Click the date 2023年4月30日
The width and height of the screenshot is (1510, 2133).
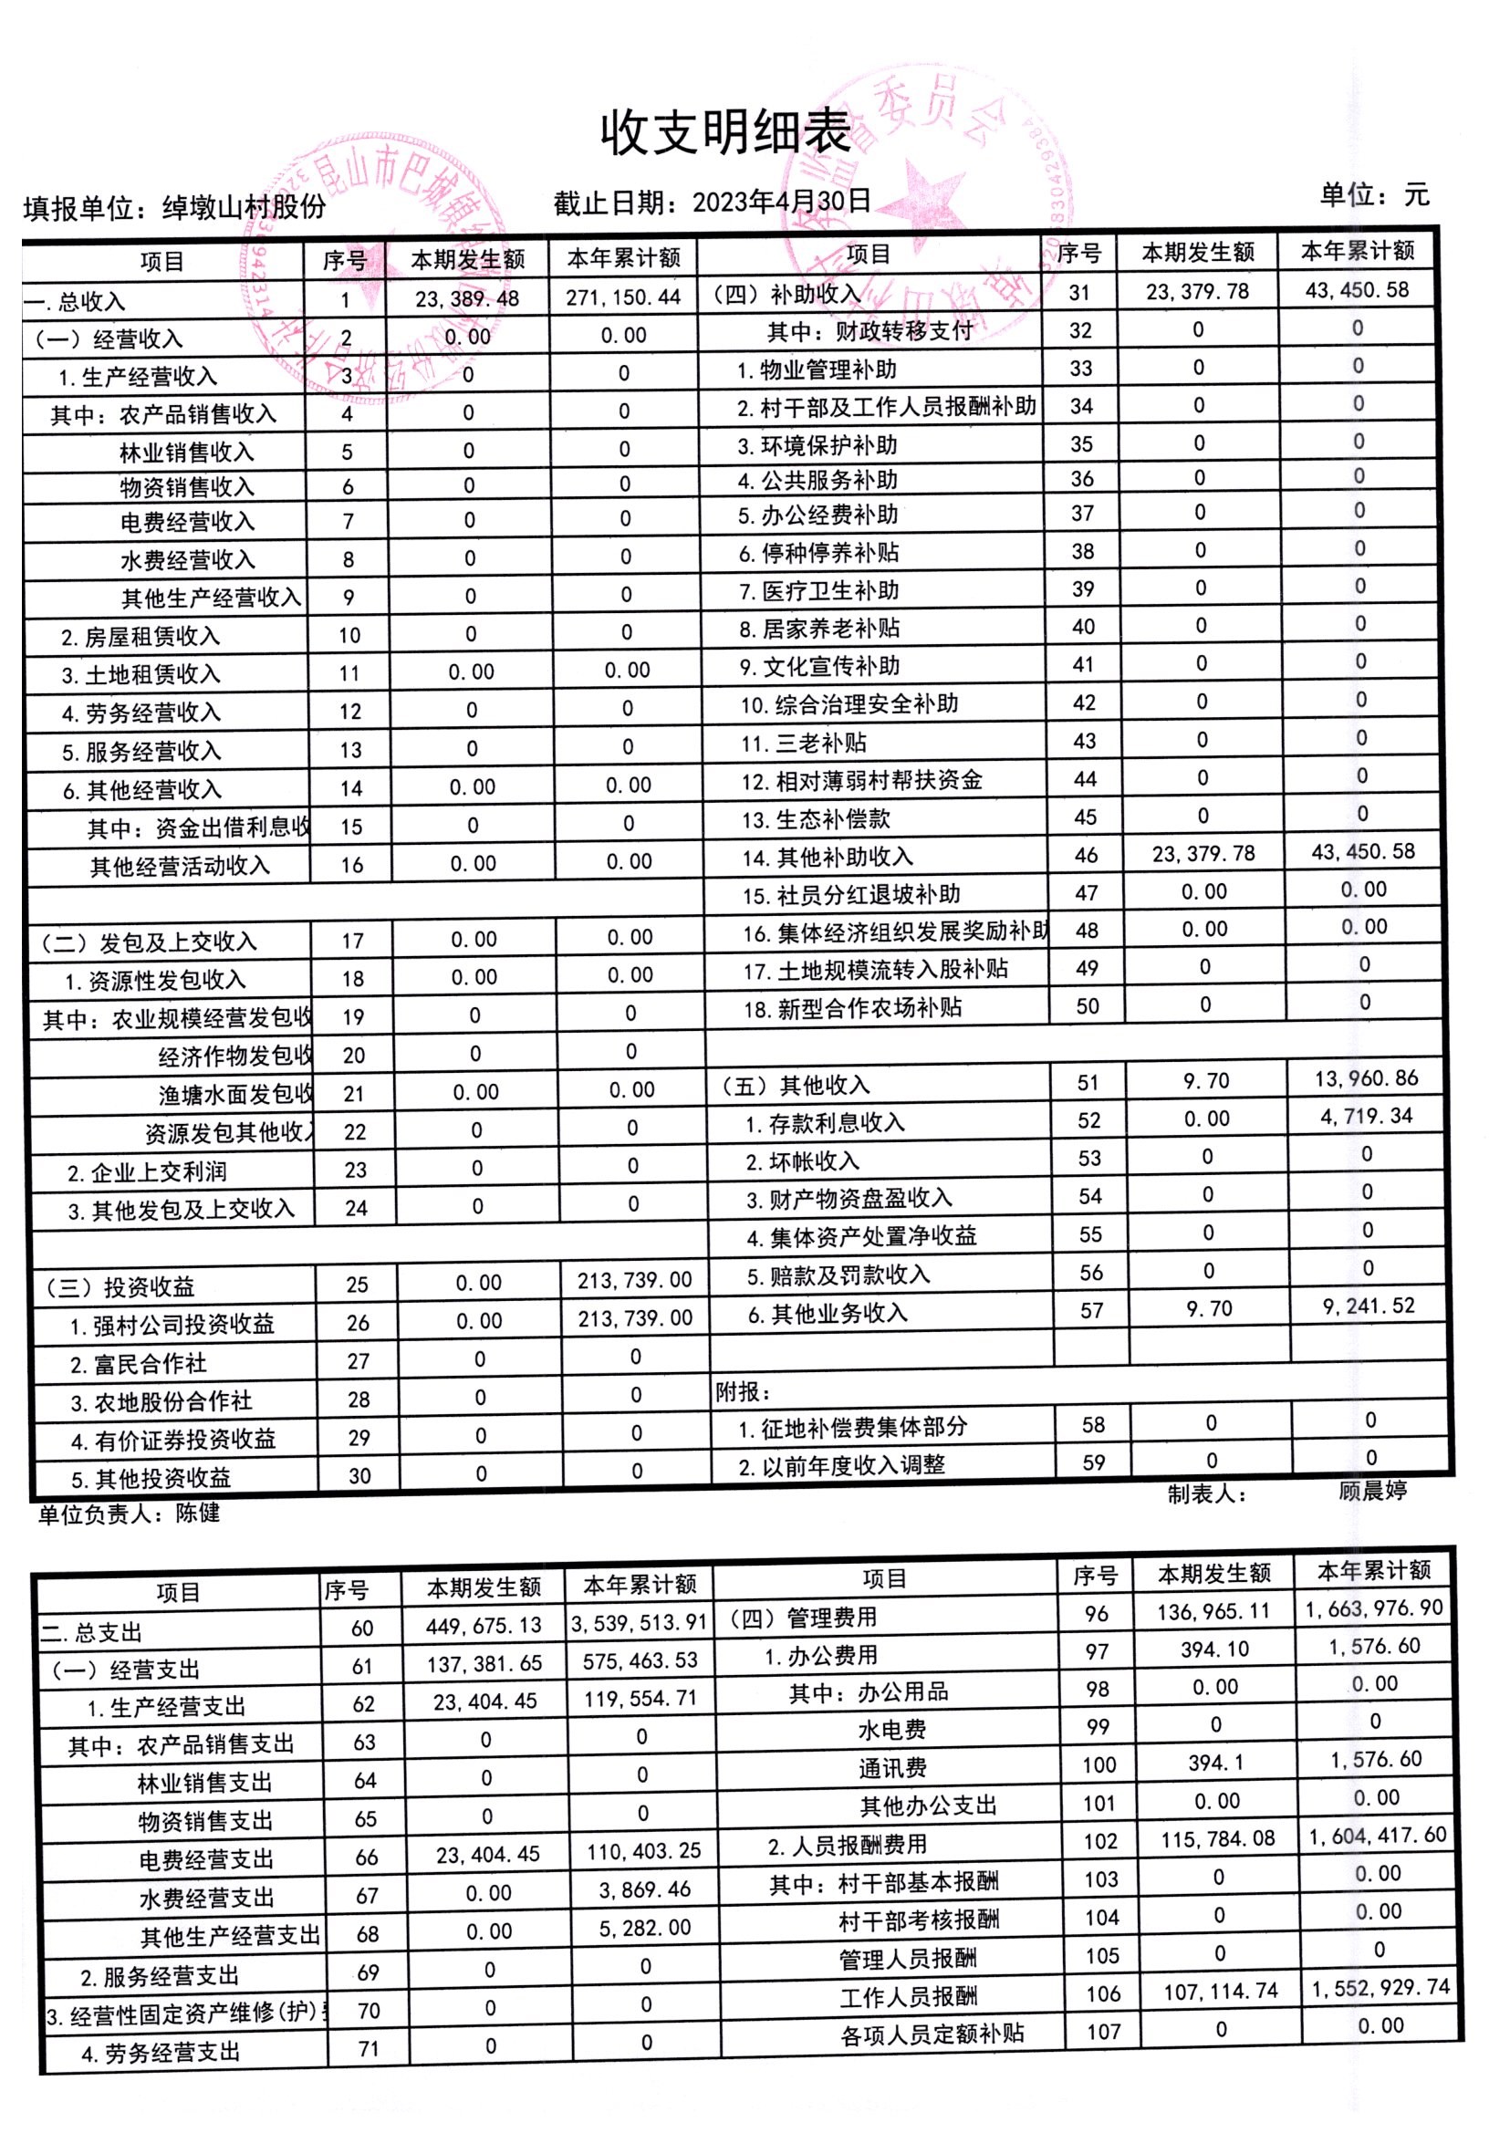tap(781, 201)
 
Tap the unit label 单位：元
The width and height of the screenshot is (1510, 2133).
tap(1373, 194)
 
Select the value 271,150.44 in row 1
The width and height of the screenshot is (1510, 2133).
tap(623, 297)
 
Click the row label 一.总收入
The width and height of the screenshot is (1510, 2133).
tap(75, 301)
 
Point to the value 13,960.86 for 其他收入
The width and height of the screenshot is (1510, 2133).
tap(1366, 1078)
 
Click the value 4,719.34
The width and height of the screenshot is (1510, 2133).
tap(1366, 1117)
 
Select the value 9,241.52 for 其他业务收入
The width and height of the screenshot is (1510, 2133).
tap(1368, 1306)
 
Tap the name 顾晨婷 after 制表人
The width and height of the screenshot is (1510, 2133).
tap(1372, 1492)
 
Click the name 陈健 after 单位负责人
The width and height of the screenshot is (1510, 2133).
tap(198, 1513)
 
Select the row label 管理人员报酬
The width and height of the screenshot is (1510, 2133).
tap(908, 1960)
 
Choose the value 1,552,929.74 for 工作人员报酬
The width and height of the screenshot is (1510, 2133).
tap(1380, 1988)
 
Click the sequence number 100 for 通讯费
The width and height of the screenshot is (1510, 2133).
tap(1100, 1764)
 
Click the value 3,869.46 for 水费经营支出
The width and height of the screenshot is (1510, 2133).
tap(644, 1889)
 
